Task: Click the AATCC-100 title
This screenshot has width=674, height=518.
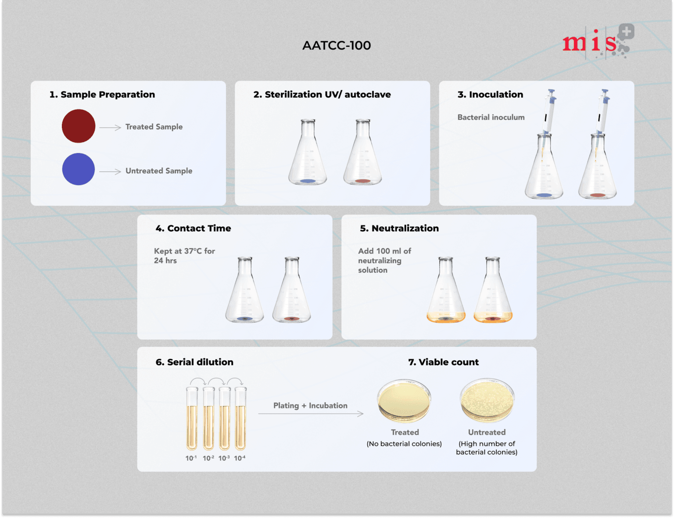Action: pos(337,45)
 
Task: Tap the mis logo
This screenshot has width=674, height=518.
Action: pos(598,42)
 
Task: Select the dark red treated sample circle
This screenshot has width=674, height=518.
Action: pos(79,126)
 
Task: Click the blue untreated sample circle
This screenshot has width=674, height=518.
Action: pos(79,169)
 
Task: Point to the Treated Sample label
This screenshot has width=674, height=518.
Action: pos(154,127)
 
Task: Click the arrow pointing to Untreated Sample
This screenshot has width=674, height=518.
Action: pos(110,171)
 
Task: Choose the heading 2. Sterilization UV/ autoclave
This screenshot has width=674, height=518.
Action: pos(322,94)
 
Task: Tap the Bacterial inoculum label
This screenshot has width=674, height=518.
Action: pos(491,117)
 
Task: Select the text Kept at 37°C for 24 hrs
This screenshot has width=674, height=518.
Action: pos(184,256)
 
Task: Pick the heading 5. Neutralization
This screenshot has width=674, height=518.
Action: pos(399,228)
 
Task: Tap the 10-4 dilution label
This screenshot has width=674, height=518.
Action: pos(240,458)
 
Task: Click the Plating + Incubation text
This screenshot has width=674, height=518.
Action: pos(310,406)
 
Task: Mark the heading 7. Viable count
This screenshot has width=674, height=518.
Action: pos(443,362)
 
